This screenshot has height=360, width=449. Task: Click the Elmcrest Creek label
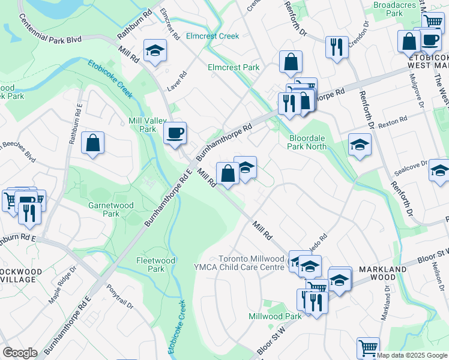[212, 36]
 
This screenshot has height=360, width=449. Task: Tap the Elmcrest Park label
[234, 68]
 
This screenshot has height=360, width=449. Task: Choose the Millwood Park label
[276, 316]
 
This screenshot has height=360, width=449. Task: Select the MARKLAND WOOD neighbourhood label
[387, 274]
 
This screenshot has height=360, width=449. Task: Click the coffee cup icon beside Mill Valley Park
[175, 133]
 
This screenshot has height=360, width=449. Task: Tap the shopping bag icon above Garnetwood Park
[93, 143]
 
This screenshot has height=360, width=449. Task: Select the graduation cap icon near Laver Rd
[155, 50]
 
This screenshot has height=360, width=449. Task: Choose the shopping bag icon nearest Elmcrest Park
[291, 62]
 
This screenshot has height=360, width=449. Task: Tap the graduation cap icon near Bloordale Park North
[360, 145]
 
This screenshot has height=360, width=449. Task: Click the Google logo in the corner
[20, 353]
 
